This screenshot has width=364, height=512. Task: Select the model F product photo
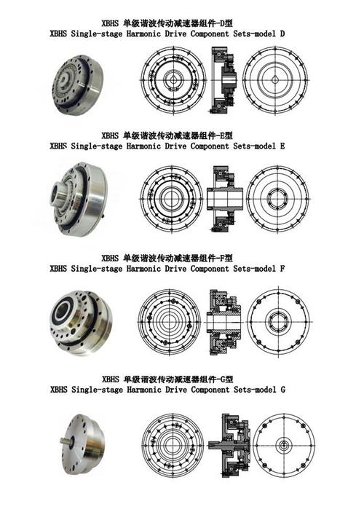(x=79, y=315)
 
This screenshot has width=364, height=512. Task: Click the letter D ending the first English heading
(x=282, y=34)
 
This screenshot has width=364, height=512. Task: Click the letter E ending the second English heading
(x=282, y=146)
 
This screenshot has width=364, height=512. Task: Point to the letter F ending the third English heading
(x=282, y=268)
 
